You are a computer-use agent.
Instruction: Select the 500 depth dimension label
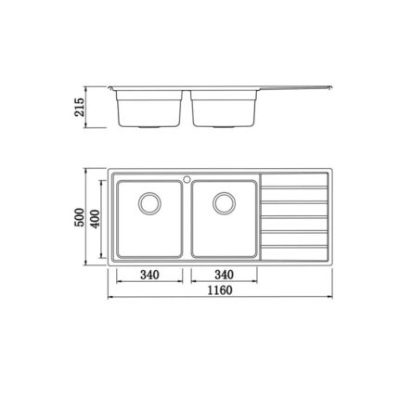82,217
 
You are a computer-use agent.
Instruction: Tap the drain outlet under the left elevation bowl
148,125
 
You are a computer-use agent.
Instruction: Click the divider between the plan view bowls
186,218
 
